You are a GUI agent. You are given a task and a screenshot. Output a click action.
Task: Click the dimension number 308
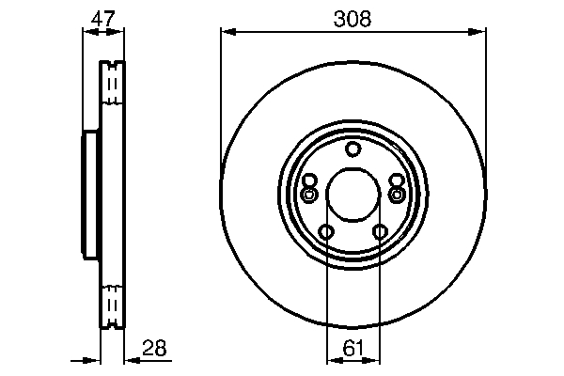[x=352, y=18]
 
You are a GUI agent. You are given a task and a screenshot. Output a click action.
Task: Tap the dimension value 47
[x=103, y=18]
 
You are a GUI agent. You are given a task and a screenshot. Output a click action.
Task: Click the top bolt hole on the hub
[x=352, y=149]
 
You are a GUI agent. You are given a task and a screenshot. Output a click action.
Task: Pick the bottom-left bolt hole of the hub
[x=326, y=232]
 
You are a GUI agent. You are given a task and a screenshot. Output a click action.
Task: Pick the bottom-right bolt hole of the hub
[x=380, y=232]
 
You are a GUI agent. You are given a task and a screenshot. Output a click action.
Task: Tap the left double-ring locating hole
[x=309, y=195]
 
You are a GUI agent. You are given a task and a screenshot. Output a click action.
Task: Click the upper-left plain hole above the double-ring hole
[x=310, y=180]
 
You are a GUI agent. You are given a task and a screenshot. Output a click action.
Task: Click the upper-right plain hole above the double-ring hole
[x=396, y=180]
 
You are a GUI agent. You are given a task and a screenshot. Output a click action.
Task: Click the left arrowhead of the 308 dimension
[x=227, y=32]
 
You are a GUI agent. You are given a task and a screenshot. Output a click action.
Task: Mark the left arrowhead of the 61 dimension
[x=331, y=360]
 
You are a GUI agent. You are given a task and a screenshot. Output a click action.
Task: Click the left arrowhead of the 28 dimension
[x=94, y=360]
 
